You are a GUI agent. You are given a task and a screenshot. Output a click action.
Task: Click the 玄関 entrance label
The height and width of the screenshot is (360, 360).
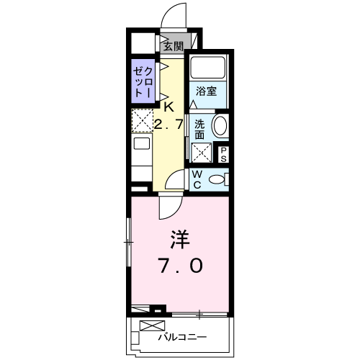(172, 47)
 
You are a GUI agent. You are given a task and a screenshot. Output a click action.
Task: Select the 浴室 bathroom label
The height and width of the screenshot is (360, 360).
(207, 91)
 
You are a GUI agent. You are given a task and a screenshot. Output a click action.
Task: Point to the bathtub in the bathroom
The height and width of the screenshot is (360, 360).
(208, 69)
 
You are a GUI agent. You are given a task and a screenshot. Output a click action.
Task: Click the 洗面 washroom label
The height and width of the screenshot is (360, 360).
(200, 127)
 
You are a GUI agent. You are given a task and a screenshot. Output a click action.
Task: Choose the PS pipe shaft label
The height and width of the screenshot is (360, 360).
(223, 153)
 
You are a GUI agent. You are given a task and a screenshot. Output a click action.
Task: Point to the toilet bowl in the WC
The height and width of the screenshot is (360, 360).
(217, 179)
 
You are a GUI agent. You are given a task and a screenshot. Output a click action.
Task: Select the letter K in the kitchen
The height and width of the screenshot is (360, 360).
(169, 107)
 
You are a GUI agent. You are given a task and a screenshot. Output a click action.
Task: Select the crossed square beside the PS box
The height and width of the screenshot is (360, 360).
(202, 153)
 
